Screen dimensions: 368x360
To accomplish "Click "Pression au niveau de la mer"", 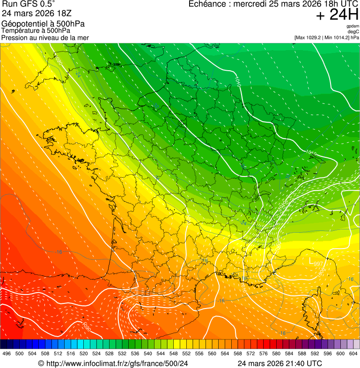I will (x=45, y=37).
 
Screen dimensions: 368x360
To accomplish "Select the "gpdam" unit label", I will (x=353, y=26).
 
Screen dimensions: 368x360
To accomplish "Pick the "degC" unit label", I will (x=353, y=31).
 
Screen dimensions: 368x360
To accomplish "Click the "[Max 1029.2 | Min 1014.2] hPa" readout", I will (x=327, y=37).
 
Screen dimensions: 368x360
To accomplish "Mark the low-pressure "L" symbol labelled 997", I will (x=311, y=260).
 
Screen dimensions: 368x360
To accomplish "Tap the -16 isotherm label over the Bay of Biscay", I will (x=58, y=252).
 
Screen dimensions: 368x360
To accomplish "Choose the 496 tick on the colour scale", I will (x=7, y=353).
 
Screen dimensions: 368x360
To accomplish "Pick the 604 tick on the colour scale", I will (x=353, y=353).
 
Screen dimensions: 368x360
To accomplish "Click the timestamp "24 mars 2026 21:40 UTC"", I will (x=279, y=363).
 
